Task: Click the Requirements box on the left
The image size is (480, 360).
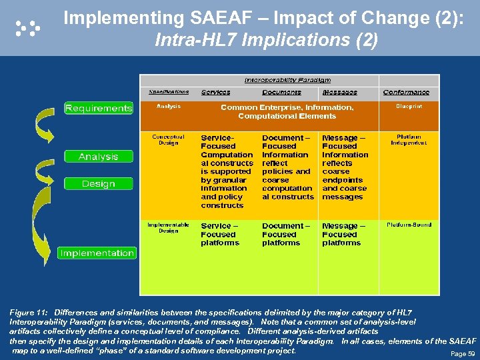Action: pos(99,108)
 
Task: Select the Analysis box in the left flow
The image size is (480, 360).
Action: pos(98,157)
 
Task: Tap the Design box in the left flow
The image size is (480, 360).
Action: pos(98,183)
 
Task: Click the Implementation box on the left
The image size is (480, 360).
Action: pos(97,253)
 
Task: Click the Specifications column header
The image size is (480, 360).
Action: pos(169,92)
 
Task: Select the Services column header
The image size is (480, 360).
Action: pos(215,93)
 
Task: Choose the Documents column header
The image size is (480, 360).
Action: pos(281,93)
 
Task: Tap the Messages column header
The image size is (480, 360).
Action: pos(339,93)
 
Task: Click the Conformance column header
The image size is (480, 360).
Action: pos(406,93)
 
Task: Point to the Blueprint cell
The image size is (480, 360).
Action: pos(409,106)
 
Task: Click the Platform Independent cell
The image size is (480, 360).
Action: pos(409,139)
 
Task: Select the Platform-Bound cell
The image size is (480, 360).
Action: pos(409,225)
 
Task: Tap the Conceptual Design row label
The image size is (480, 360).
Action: pos(168,139)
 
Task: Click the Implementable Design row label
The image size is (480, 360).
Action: pos(168,227)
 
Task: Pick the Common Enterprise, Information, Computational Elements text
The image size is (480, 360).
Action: pos(287,111)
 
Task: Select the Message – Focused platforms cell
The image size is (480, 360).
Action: pos(343,234)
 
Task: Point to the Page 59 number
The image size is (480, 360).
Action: pos(463,353)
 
